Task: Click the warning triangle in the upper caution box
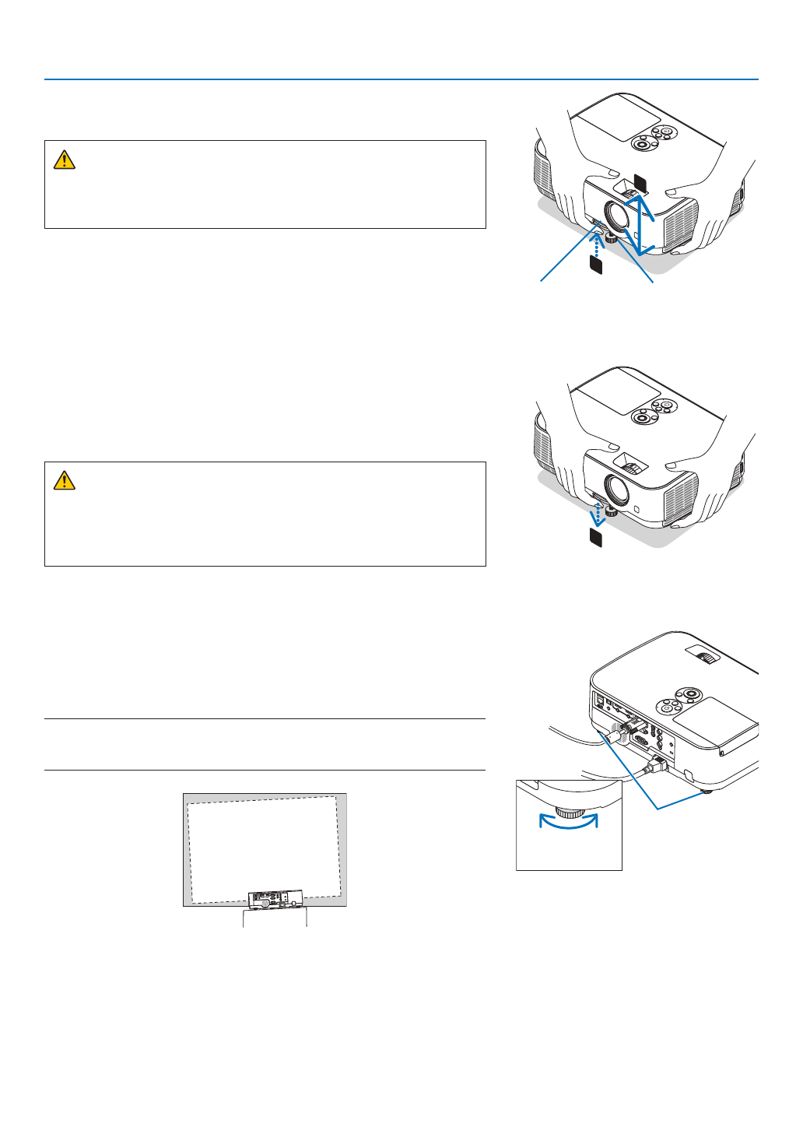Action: pos(64,160)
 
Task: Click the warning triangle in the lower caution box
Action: pos(64,481)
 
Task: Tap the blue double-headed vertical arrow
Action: pos(640,225)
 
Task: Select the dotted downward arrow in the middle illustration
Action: pos(597,515)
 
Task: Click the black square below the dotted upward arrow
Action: pos(596,265)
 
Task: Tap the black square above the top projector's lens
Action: pos(640,181)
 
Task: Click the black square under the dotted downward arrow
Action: pos(596,537)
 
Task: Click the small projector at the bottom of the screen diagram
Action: pos(275,900)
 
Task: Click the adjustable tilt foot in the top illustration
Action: pos(612,238)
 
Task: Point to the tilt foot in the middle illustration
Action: pos(612,511)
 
